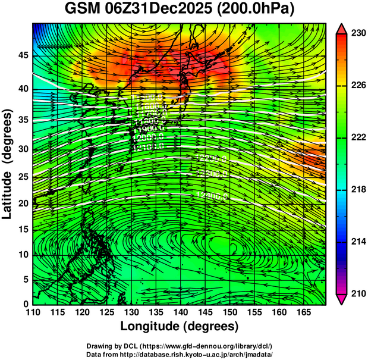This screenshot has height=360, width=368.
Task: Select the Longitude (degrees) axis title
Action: (180, 327)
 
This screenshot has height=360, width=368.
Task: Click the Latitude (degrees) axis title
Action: (8, 164)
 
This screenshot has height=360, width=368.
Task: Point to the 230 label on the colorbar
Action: (356, 34)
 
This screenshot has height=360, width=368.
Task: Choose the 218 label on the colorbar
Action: (356, 190)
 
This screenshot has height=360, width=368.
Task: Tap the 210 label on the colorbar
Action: (356, 293)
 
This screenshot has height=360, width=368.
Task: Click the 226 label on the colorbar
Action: (356, 86)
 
